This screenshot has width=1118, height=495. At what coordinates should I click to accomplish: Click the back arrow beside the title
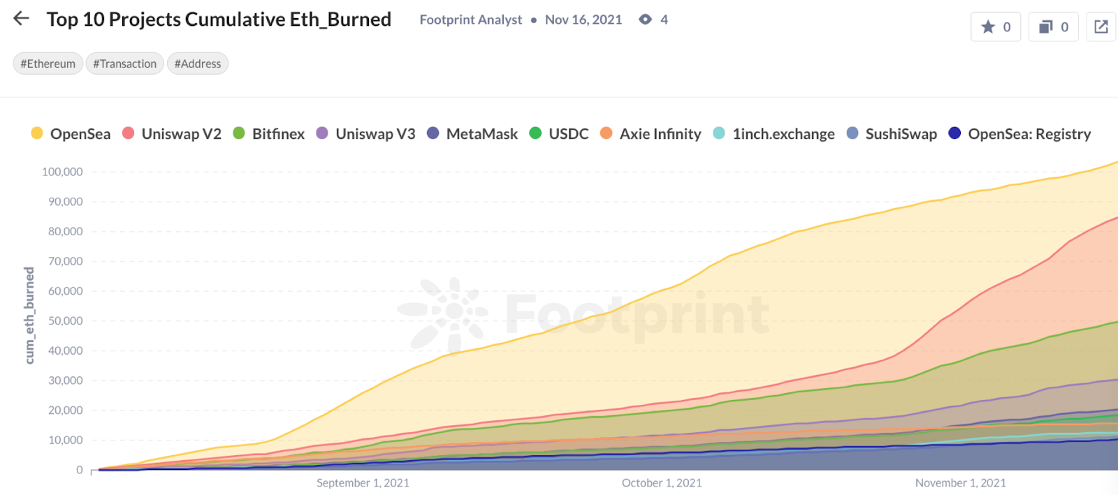pos(21,19)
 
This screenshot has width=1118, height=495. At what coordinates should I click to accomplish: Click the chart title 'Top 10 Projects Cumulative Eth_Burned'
pos(219,20)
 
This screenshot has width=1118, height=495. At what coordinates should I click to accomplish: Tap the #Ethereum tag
pos(48,64)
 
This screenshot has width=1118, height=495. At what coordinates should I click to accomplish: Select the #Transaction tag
pos(124,64)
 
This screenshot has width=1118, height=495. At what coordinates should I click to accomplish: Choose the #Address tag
pos(198,64)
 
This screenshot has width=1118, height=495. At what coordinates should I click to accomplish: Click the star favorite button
pos(996,27)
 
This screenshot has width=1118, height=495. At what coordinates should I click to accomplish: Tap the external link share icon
pos(1101,27)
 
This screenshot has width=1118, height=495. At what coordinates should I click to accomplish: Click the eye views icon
pos(646,20)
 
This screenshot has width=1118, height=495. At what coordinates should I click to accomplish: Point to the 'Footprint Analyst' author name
pos(470,20)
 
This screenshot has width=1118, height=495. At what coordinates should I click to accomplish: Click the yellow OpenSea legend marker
pos(37,133)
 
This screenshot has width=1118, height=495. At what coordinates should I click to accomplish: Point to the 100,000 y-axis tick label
pos(62,172)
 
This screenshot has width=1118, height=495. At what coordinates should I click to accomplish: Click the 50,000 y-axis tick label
pos(65,321)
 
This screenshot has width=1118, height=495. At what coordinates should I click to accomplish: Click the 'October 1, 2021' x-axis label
pos(662,483)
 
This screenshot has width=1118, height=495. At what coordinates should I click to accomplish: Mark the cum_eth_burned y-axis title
pos(29,315)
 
